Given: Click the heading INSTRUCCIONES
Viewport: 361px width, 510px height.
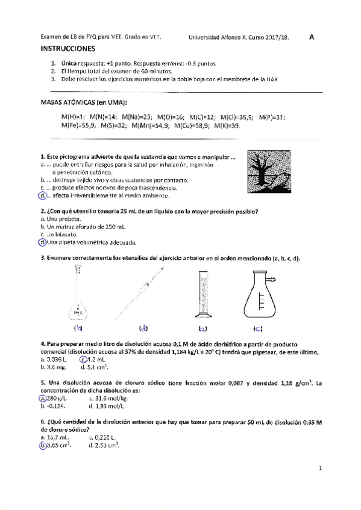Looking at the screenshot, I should [67, 48].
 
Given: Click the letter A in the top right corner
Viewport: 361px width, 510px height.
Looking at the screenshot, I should [312, 36].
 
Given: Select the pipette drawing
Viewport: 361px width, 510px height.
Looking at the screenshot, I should [145, 291].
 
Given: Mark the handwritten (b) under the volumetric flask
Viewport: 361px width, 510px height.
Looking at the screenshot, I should [78, 328].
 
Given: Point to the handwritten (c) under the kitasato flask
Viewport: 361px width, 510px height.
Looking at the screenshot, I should [258, 328].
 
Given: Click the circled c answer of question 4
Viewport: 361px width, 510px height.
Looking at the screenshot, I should [83, 360].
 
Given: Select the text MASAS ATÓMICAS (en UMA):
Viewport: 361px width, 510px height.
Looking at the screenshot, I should [80, 103].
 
